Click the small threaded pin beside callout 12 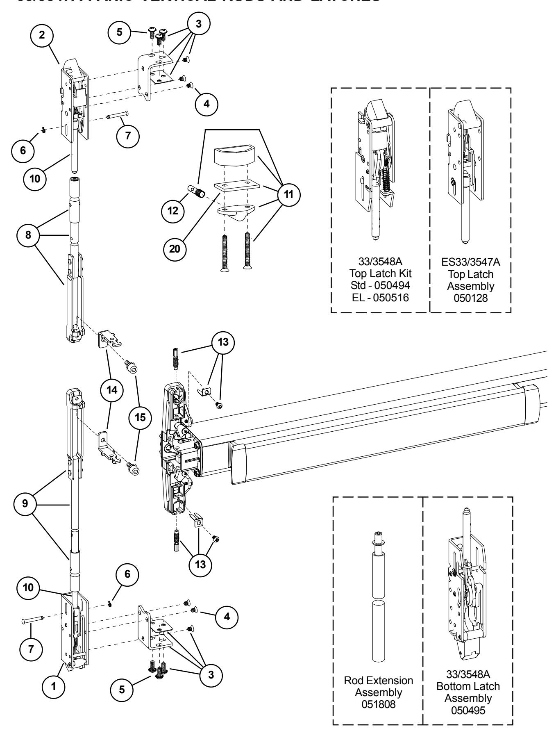click(x=196, y=191)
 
